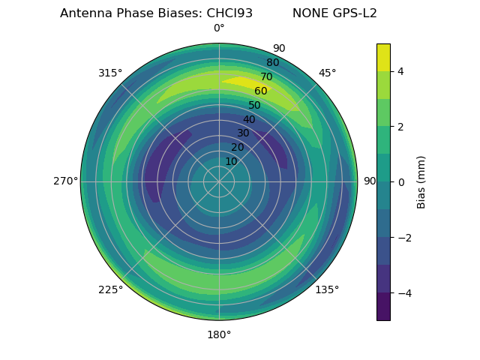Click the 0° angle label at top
(x=219, y=28)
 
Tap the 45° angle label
(x=327, y=73)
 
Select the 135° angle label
(x=327, y=289)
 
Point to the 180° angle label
(x=219, y=334)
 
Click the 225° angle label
(x=110, y=289)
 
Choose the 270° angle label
(x=66, y=181)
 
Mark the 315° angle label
(x=110, y=73)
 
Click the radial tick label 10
(x=231, y=161)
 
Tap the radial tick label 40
(x=249, y=120)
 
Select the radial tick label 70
(x=266, y=76)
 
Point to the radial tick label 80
(x=272, y=63)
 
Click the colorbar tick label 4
(x=401, y=71)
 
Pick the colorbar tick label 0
(x=401, y=182)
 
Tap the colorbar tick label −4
(x=403, y=293)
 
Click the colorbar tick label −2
(x=403, y=238)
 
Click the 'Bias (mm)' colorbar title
(x=421, y=182)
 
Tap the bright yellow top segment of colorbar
(x=383, y=58)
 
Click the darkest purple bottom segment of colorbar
(x=383, y=307)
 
